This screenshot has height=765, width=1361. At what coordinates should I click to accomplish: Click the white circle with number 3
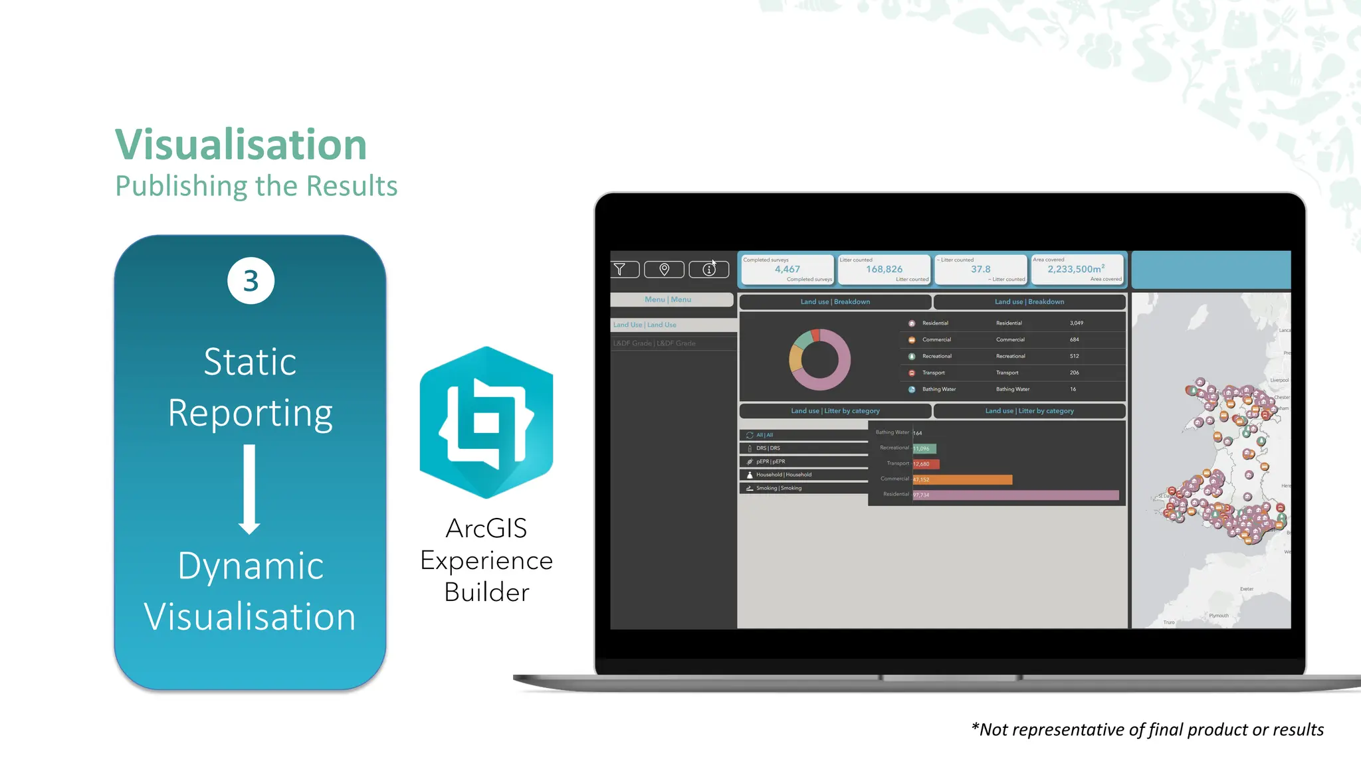click(x=251, y=281)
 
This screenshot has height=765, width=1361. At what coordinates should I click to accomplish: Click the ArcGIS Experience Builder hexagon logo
click(x=486, y=422)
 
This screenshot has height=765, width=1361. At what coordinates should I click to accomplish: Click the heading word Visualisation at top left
click(x=241, y=144)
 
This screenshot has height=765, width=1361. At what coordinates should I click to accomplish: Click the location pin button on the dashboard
click(x=664, y=269)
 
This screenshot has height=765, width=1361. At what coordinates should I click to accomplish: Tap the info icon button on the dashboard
click(x=709, y=269)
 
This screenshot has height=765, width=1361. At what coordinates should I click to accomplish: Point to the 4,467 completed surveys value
click(x=787, y=269)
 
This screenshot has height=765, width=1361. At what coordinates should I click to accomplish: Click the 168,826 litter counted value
click(x=884, y=269)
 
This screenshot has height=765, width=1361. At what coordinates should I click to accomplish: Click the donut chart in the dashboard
click(x=819, y=360)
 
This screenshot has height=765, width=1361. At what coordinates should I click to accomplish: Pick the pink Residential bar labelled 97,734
click(x=1015, y=495)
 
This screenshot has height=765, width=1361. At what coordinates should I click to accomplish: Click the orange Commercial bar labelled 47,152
click(x=962, y=479)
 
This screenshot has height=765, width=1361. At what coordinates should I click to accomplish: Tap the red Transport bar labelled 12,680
click(x=926, y=464)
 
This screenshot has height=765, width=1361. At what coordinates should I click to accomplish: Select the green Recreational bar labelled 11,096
click(x=924, y=449)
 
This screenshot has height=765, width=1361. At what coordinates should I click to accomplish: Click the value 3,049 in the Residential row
click(x=1076, y=323)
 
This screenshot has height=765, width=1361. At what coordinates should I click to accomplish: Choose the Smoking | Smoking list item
click(x=779, y=488)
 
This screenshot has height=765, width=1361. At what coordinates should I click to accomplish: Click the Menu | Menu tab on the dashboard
click(x=668, y=299)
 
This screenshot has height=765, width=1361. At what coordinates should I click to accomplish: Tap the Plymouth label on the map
click(x=1219, y=616)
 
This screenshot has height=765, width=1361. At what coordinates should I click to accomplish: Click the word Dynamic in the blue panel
click(x=251, y=566)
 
